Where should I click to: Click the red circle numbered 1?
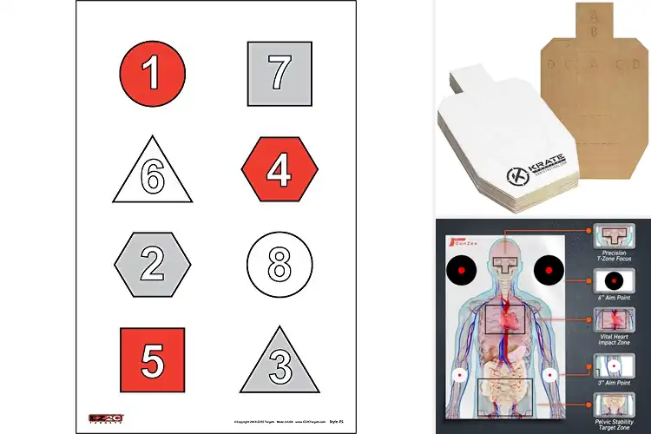click(x=152, y=73)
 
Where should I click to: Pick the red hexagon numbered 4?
click(x=278, y=169)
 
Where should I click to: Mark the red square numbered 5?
click(x=152, y=358)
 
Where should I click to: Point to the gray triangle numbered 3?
click(x=278, y=362)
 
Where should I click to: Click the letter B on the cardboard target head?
click(x=594, y=29)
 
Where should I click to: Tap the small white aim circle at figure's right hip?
click(x=549, y=375)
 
